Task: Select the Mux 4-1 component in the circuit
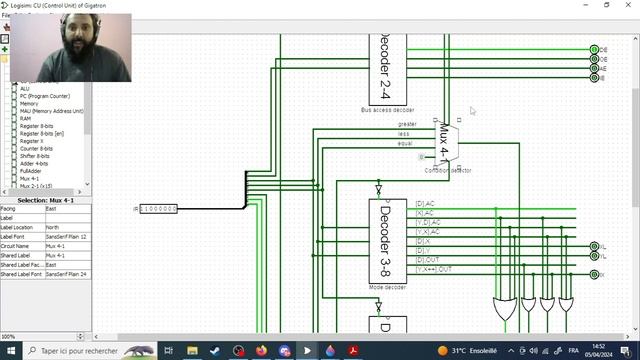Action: [x=446, y=142]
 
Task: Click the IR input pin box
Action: [x=158, y=209]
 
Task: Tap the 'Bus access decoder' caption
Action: [x=387, y=109]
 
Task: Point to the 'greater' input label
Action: [x=407, y=124]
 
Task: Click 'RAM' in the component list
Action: [x=26, y=118]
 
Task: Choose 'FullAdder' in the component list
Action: [x=31, y=171]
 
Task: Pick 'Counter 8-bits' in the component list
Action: [x=38, y=148]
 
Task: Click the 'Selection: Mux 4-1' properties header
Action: [x=45, y=200]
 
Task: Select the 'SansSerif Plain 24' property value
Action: [x=66, y=273]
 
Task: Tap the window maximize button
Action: [x=606, y=5]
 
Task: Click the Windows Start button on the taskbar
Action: [x=9, y=351]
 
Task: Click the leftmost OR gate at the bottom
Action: [x=505, y=308]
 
